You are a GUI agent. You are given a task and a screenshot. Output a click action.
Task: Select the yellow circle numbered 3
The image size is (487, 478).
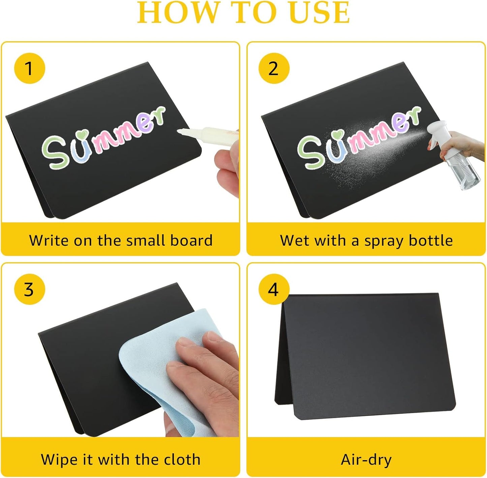point(29,289)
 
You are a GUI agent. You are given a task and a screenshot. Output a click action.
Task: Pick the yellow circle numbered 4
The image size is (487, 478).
point(274,289)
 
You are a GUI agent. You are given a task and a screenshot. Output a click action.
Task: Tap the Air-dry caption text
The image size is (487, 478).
point(366,459)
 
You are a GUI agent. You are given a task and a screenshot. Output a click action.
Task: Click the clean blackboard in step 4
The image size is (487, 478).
point(367,358)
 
